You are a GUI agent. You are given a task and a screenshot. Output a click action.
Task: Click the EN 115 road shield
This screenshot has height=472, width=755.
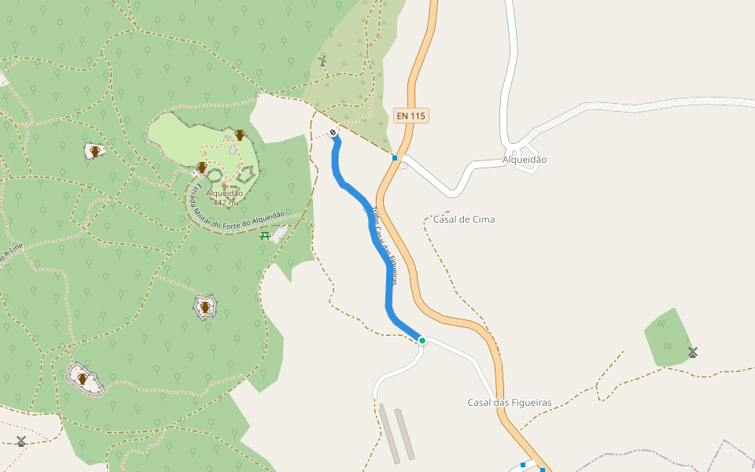pos(411,116)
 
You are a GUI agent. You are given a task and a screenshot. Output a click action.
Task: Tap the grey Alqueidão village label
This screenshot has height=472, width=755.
pos(524,160)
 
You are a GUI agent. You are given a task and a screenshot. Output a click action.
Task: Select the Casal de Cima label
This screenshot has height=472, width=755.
pos(464,219)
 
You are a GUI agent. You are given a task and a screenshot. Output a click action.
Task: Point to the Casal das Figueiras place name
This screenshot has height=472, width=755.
pos(509,403)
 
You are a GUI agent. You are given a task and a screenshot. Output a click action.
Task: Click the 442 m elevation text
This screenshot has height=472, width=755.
pos(225,202)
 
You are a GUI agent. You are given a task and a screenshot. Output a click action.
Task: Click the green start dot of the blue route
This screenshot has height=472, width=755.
pos(422,341)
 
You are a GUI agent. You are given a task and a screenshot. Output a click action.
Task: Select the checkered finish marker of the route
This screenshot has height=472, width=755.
pos(333,132)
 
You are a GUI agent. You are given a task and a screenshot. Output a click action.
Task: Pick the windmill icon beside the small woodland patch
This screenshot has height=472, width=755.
pos(693,352)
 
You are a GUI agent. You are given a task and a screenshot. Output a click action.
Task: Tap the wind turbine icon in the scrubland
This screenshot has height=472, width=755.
pos(322,61)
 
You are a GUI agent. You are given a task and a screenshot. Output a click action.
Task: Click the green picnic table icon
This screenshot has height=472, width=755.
pos(265,235)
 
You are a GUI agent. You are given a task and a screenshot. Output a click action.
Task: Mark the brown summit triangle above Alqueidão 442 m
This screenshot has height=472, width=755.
pos(224,186)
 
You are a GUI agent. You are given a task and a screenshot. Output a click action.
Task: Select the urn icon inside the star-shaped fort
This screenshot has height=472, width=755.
pos(205,307)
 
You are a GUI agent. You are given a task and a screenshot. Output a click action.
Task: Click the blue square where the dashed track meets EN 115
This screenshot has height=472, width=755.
pos(395,157)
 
